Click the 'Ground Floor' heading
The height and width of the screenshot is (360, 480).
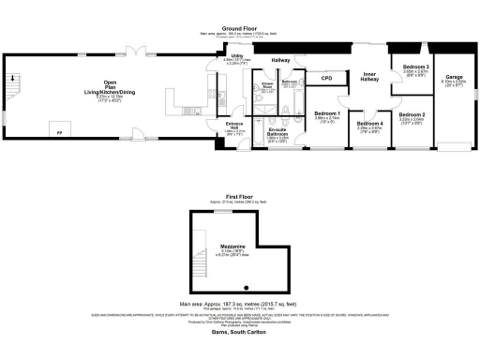[x=239, y=29]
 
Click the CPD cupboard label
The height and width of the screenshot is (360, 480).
[x=327, y=78]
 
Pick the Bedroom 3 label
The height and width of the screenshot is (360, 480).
[x=416, y=67]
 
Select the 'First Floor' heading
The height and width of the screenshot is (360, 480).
[x=239, y=195]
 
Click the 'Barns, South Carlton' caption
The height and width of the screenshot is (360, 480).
[x=239, y=329]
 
